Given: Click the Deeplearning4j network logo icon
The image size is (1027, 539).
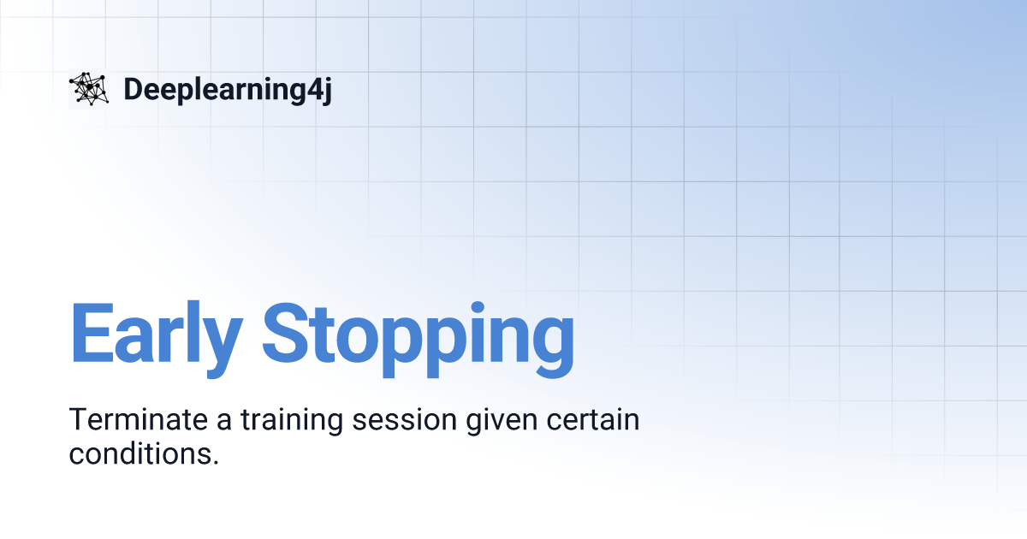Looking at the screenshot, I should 89,89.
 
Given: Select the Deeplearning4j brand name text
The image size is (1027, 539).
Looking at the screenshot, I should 227,90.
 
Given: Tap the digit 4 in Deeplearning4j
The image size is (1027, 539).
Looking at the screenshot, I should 312,89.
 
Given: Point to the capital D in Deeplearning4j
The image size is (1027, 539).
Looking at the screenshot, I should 132,89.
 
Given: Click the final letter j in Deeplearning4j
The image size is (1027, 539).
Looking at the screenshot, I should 326,91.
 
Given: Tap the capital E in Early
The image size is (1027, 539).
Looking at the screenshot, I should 90,332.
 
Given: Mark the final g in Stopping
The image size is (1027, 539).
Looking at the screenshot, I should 551,342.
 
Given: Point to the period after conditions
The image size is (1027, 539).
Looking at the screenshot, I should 215,462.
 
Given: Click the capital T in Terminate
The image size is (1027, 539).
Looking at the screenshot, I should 77,420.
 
